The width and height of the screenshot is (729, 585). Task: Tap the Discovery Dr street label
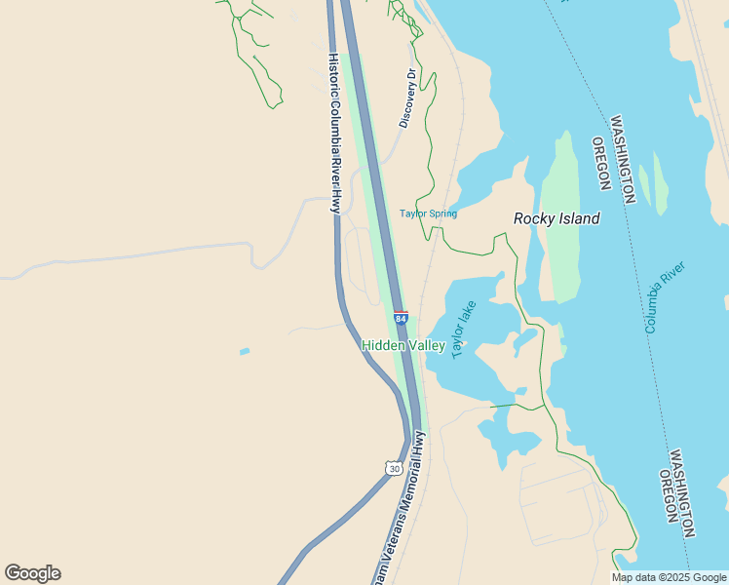point(407,98)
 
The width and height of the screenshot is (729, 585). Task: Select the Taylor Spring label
point(428,214)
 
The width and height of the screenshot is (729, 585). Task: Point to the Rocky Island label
point(556,219)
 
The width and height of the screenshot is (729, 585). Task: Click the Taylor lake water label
point(464,329)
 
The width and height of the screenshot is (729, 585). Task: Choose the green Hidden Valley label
point(403,346)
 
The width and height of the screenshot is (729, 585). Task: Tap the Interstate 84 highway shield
point(401,319)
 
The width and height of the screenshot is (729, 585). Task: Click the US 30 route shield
point(393,468)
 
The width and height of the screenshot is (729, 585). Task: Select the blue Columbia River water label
point(665,297)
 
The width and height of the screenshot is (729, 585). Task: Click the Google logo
point(32,573)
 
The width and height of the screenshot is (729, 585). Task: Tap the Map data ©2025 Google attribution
point(670,577)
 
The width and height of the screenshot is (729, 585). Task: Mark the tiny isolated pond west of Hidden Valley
point(244,351)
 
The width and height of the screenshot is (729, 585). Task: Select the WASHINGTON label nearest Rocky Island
point(622,160)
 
